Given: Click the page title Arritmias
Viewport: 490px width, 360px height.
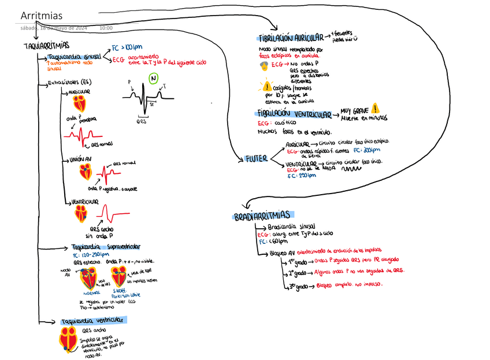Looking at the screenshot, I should [40, 14].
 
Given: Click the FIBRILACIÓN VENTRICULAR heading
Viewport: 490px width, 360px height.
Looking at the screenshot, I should [295, 115].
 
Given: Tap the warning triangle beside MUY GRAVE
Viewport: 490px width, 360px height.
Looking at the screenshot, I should [376, 107].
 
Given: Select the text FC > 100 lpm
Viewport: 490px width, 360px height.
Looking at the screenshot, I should [127, 48].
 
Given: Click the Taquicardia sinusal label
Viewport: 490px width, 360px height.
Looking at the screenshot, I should [75, 57].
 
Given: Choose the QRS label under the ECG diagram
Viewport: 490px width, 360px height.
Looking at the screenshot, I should [142, 122].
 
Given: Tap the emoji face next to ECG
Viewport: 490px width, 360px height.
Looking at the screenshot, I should [264, 66].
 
